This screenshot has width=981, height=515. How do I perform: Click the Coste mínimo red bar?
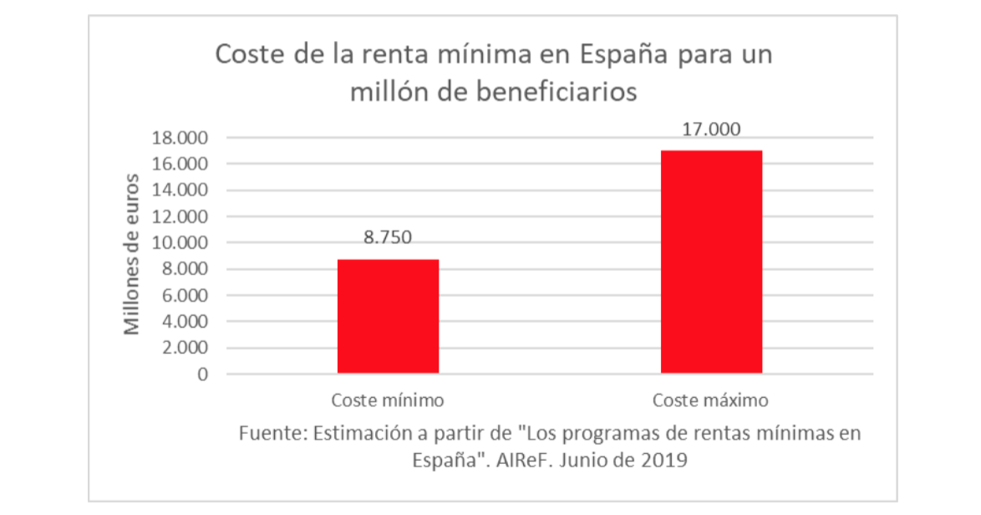388,316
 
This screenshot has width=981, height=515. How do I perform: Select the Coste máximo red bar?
711,262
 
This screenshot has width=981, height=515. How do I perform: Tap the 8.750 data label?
387,237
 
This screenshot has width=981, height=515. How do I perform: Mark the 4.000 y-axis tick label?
183,322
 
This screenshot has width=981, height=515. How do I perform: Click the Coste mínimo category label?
387,400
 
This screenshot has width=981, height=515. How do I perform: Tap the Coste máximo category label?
710,400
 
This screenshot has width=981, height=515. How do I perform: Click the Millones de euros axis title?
132,254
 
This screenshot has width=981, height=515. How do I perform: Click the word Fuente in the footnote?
268,434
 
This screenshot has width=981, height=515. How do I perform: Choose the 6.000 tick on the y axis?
183,296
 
